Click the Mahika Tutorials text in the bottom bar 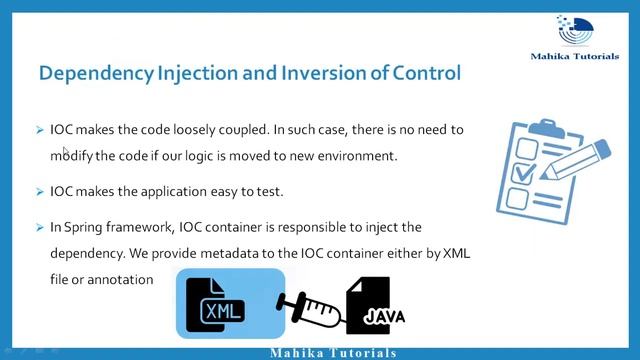pyautogui.click(x=333, y=353)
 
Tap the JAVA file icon pyautogui.click(x=376, y=307)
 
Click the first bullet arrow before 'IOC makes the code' pyautogui.click(x=39, y=130)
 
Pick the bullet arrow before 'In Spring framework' pyautogui.click(x=39, y=228)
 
